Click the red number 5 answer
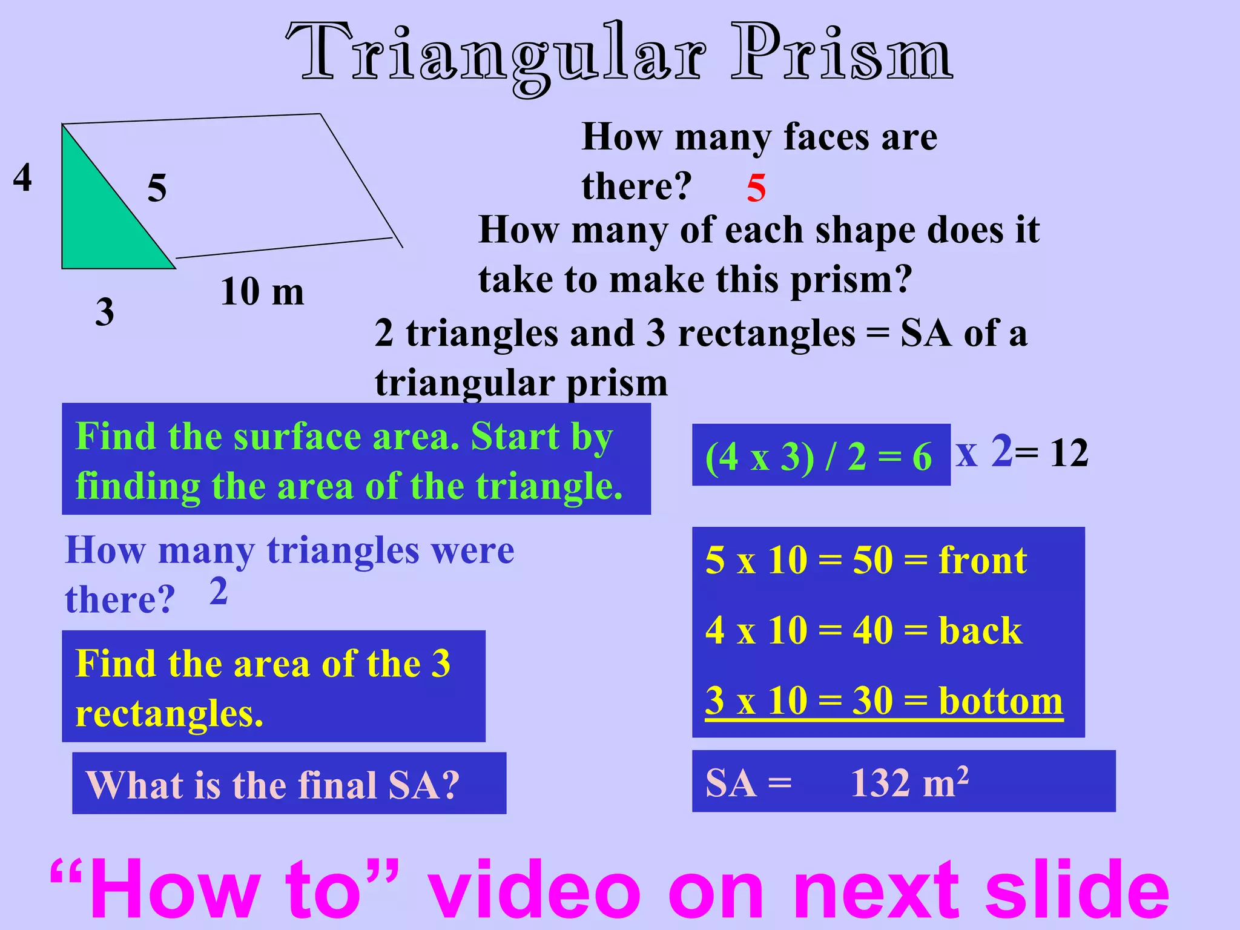[756, 188]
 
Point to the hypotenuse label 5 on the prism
[157, 188]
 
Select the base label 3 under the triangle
[105, 312]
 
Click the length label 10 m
[262, 292]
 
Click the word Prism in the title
[841, 54]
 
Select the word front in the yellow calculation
[982, 560]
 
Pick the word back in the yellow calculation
[980, 631]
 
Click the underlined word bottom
[1000, 701]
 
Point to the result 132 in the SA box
[882, 783]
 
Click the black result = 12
[1052, 453]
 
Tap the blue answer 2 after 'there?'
[219, 591]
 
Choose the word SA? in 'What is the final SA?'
[423, 785]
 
